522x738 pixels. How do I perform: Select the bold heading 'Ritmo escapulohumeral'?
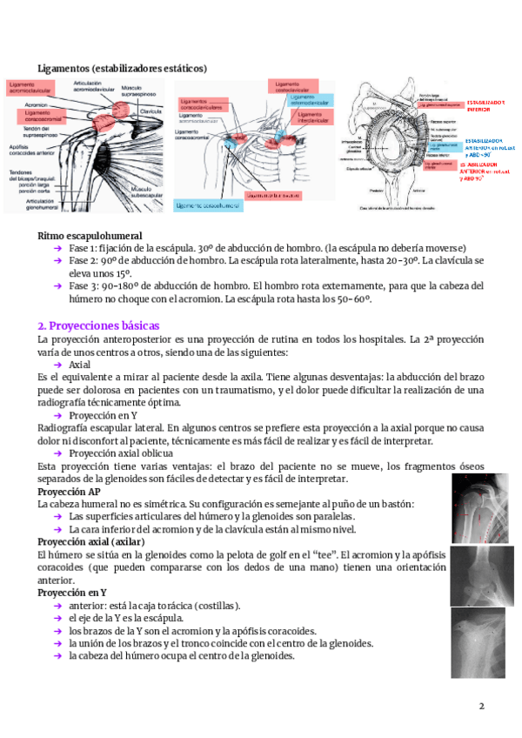90,236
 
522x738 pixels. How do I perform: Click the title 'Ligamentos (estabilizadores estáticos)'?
123,68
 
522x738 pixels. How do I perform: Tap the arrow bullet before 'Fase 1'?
58,247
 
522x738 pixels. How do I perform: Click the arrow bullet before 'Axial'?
58,365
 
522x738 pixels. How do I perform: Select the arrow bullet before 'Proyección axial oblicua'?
58,453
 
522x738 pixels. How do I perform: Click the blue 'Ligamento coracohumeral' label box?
207,205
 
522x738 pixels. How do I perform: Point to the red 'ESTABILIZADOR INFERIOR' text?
485,105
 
